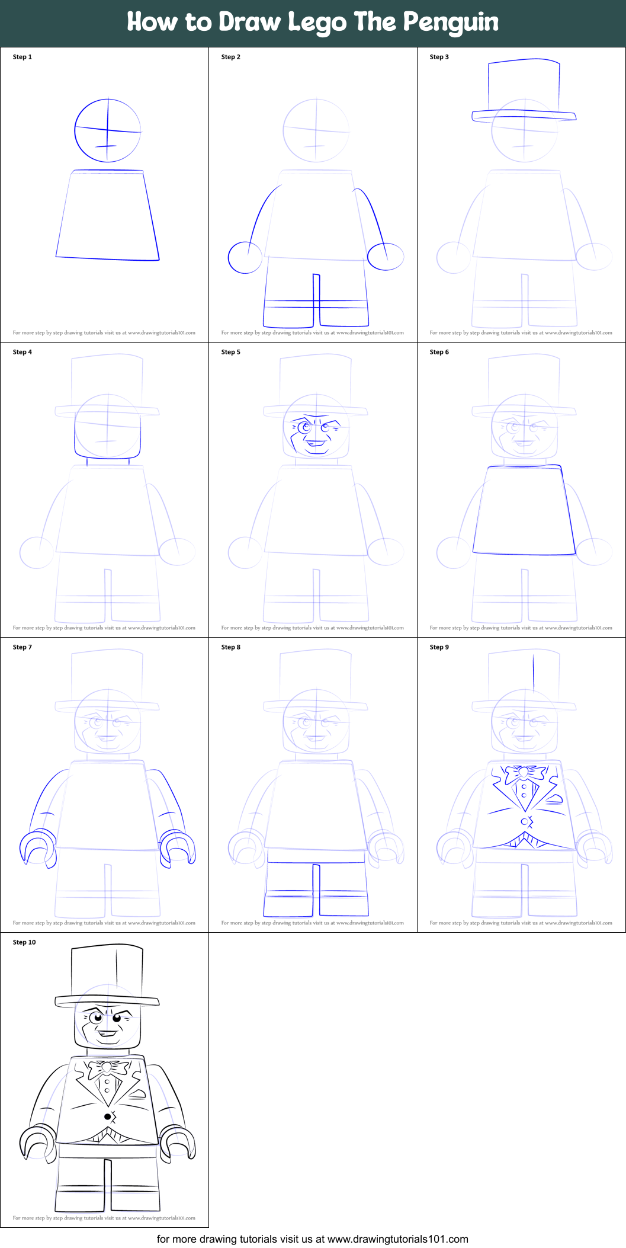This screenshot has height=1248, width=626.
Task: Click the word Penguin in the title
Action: pos(451,23)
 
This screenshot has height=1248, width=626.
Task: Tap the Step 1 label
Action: pos(23,57)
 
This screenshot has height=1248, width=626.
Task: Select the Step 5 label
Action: pos(231,352)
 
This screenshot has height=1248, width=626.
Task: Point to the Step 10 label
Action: pos(24,942)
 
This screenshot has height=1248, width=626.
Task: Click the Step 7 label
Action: pos(23,647)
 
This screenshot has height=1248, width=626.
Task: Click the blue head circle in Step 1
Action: pos(108,130)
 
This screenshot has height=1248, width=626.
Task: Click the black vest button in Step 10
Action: pos(107,1116)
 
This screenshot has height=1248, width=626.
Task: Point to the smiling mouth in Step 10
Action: pos(107,1034)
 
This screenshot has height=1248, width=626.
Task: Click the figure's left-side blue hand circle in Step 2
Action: pos(245,257)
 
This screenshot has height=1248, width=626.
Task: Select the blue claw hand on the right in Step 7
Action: pos(178,849)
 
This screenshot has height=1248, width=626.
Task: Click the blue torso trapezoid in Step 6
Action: pos(524,510)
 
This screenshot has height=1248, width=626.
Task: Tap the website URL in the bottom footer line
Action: pos(397,1239)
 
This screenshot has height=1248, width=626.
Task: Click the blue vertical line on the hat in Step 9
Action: pos(534,673)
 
